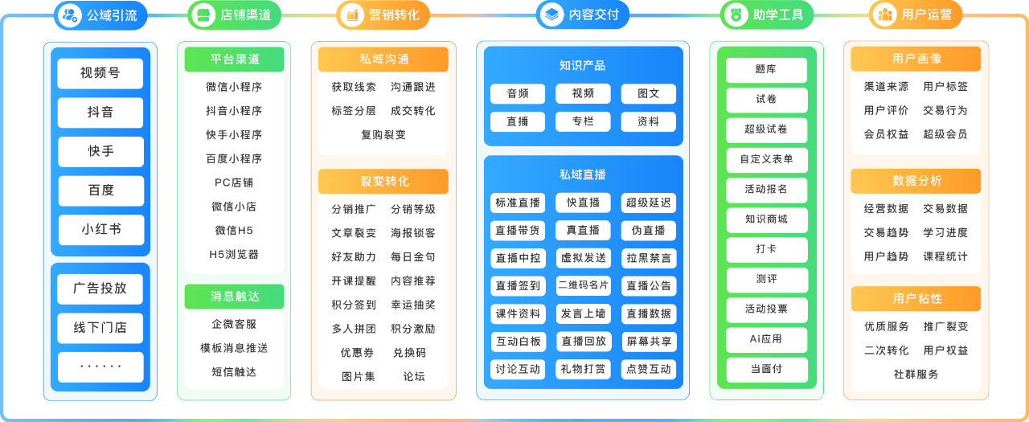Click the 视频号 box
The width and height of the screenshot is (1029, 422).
tap(100, 73)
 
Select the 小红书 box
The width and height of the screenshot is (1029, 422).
tap(100, 230)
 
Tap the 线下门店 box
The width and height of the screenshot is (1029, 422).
tap(100, 328)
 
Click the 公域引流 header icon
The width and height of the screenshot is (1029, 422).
tap(71, 14)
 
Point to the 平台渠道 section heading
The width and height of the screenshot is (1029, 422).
tap(235, 59)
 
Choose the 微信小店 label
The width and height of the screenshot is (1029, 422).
tap(234, 207)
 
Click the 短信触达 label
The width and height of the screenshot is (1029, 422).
tap(234, 372)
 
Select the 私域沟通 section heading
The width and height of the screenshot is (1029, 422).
tap(384, 59)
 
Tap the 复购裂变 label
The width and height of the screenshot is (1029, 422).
tap(383, 135)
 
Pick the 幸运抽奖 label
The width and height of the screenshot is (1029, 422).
tap(413, 305)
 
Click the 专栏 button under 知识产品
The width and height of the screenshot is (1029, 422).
tap(583, 122)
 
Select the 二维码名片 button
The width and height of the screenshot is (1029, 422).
tap(583, 285)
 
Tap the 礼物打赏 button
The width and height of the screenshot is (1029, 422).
tap(583, 369)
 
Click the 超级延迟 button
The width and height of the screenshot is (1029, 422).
tap(648, 203)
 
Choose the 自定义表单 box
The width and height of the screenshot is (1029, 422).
tap(766, 159)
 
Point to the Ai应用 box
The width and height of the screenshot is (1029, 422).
tap(766, 339)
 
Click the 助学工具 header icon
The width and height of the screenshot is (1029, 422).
tap(735, 14)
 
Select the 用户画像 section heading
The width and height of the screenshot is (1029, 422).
tap(916, 59)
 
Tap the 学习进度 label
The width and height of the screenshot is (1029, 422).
tap(945, 233)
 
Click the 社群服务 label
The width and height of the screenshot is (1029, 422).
tap(916, 375)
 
